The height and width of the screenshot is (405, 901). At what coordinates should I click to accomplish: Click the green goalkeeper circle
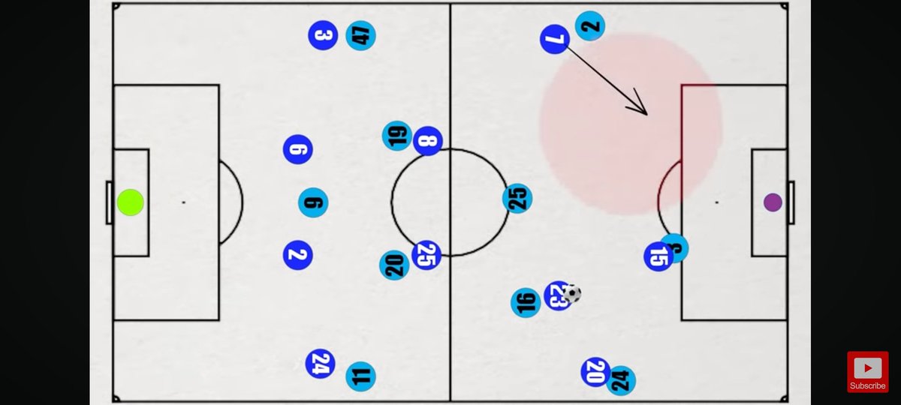(x=131, y=202)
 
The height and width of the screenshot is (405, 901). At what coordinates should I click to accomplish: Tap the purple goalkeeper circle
(x=773, y=202)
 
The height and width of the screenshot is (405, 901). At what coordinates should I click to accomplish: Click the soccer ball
(x=572, y=293)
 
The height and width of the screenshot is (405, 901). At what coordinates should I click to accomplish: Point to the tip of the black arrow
(x=646, y=114)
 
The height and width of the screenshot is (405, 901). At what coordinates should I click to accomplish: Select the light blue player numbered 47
(x=361, y=35)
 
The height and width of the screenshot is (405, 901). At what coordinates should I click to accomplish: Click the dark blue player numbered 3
(x=323, y=35)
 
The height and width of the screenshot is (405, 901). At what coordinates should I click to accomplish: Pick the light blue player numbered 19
(x=396, y=136)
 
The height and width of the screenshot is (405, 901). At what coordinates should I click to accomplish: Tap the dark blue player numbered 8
(x=428, y=141)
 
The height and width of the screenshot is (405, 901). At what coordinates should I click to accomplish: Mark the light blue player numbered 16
(x=525, y=302)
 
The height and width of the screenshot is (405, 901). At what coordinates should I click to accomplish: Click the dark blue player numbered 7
(x=555, y=39)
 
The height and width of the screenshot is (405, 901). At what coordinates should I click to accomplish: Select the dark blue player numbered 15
(x=658, y=257)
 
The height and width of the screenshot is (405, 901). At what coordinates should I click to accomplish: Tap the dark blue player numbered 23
(x=556, y=297)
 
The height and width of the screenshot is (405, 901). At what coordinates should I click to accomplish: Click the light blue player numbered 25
(x=518, y=199)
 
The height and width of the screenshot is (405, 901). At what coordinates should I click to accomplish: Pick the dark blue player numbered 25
(x=426, y=255)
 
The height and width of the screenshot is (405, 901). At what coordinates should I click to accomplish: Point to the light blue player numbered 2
(x=590, y=26)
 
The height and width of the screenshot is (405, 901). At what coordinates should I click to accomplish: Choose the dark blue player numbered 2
(x=297, y=255)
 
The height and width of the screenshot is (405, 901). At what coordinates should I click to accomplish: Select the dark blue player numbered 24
(x=320, y=364)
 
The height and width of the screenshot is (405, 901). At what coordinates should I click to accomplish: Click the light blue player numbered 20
(x=394, y=264)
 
